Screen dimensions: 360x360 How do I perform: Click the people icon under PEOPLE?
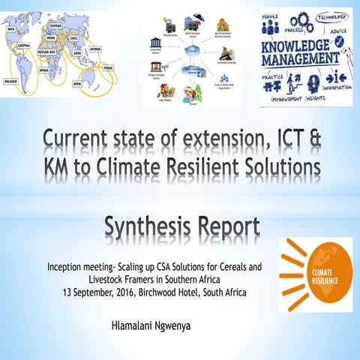point(271,26)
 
